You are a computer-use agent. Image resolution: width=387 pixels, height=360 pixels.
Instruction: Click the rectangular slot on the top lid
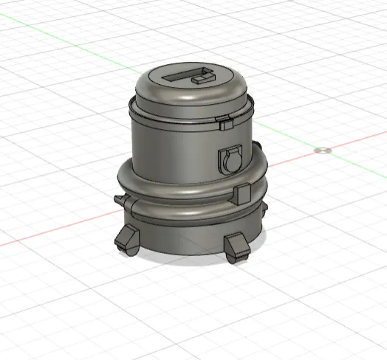[x=179, y=77]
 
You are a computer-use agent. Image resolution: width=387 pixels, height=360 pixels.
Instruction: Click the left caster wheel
[x=125, y=240]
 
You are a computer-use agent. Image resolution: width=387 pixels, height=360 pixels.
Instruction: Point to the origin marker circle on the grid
[x=321, y=150]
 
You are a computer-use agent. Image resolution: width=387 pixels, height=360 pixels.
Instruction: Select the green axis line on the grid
[x=74, y=36]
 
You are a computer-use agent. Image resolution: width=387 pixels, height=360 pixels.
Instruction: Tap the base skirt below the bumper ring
[x=185, y=235]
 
